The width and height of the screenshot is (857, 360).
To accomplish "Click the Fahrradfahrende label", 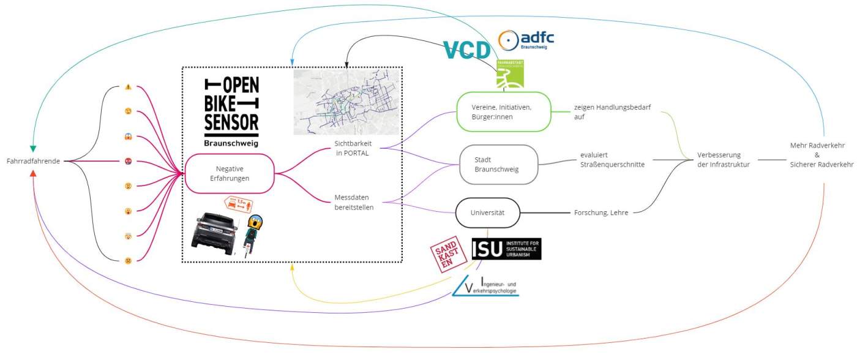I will (x=32, y=161).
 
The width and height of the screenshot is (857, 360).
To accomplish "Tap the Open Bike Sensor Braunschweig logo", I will (x=231, y=111).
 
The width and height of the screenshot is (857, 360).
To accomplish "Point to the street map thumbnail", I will (x=345, y=102).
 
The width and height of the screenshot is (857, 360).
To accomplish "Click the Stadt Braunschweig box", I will (x=498, y=164).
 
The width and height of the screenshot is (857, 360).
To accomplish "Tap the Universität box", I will (x=487, y=212).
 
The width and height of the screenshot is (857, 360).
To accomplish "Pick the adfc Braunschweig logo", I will (x=526, y=40).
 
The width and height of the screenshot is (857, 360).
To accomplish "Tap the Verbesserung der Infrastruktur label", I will (x=723, y=159).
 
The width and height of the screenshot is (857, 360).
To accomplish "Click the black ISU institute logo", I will (x=506, y=249).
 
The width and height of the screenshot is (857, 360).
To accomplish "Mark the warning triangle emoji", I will (x=129, y=87).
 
